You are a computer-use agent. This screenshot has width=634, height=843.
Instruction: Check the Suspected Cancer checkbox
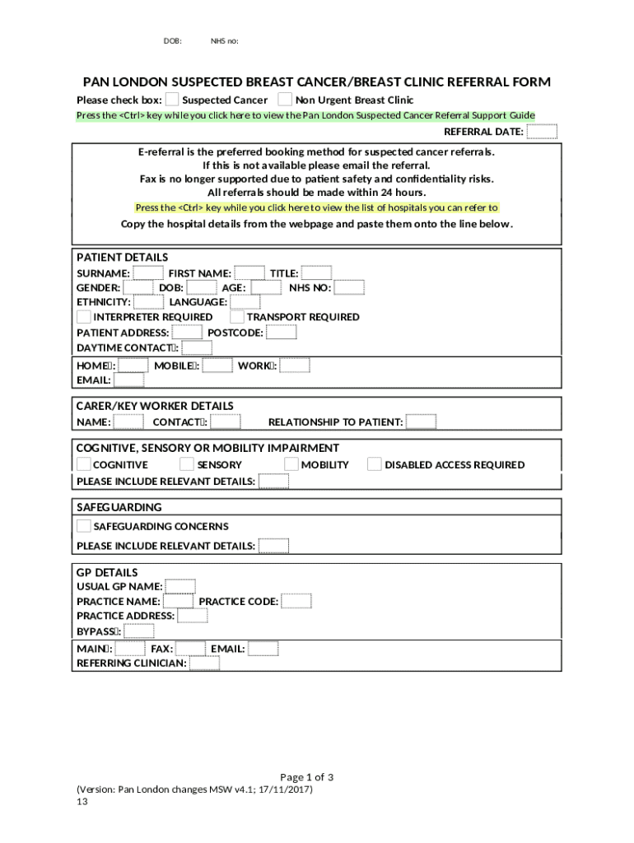(x=172, y=100)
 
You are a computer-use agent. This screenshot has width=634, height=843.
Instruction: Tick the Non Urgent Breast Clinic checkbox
(x=285, y=100)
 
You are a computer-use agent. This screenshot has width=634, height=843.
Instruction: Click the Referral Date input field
(x=542, y=132)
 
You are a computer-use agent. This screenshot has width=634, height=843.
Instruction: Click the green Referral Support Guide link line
(x=305, y=115)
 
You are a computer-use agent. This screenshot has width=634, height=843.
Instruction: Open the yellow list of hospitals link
(x=316, y=207)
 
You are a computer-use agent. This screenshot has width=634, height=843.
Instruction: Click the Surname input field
(x=148, y=273)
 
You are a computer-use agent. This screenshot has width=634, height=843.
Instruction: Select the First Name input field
(x=249, y=273)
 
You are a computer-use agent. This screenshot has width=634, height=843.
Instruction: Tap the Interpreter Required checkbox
(x=84, y=317)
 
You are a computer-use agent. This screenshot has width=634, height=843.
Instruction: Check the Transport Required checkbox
(x=237, y=317)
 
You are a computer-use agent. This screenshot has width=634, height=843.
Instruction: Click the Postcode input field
(x=282, y=333)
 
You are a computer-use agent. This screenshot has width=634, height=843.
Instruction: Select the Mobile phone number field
(x=217, y=366)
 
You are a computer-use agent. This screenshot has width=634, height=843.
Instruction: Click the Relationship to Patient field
(x=422, y=422)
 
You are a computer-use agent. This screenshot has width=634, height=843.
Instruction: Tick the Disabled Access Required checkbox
(x=375, y=464)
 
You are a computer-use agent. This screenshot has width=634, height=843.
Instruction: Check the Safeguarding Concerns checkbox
(x=84, y=526)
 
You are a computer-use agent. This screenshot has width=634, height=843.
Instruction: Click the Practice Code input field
(x=296, y=601)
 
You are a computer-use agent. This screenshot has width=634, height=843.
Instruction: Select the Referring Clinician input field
(x=204, y=663)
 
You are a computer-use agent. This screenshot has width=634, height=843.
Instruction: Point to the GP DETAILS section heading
(x=107, y=572)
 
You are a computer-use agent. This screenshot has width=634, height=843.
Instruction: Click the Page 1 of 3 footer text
(x=306, y=777)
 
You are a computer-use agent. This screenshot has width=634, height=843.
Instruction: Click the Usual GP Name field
(x=180, y=586)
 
